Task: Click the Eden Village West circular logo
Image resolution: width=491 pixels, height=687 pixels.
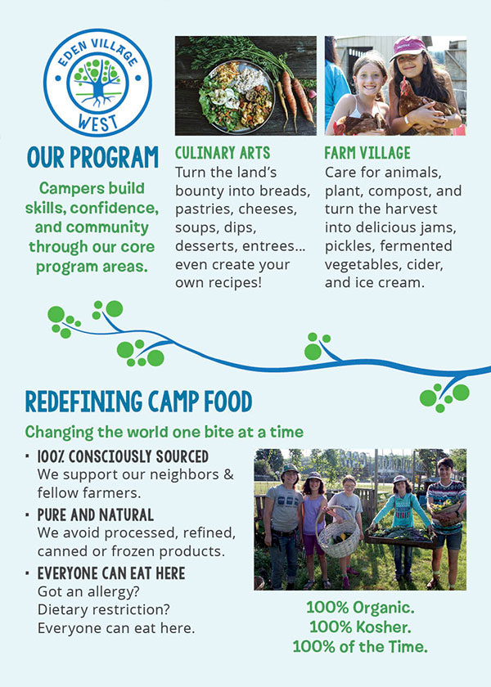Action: coord(97,83)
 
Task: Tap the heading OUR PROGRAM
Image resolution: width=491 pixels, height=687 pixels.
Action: coord(92,157)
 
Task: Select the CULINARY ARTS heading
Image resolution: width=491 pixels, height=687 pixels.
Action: coord(223,153)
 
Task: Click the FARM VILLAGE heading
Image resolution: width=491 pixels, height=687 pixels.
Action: coord(367,153)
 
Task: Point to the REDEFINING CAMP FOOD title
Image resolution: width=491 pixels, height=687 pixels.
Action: coord(138,402)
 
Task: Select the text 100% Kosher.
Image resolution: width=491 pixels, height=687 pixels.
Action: coord(360,627)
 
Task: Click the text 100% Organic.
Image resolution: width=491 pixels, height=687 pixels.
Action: coord(360,608)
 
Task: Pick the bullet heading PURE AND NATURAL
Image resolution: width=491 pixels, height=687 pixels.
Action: coord(96,514)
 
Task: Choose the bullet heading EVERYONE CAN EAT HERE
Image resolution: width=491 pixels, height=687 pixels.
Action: coord(111,573)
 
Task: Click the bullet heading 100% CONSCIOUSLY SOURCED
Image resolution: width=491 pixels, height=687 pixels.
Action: coord(123,456)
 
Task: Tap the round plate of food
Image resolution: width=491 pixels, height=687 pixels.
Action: coord(236,97)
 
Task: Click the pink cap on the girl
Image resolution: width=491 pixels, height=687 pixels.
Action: coord(408,47)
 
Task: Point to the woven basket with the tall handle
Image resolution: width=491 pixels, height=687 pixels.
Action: coord(339,532)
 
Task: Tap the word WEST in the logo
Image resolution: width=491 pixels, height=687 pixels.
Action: coord(97,122)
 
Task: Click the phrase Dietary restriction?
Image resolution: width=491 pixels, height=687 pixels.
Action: coord(103,609)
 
